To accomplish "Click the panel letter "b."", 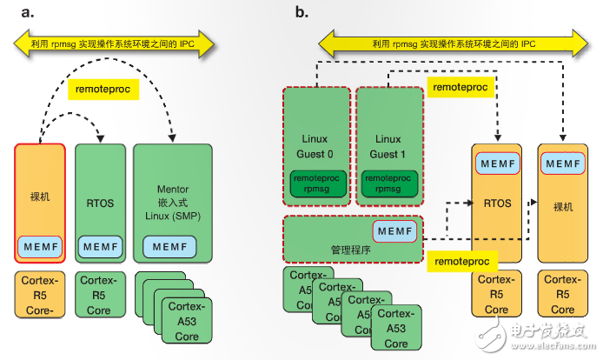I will [301, 12].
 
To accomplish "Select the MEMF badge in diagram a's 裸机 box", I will [39, 246].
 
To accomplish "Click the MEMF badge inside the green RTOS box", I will [100, 247].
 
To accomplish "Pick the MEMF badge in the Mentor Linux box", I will [174, 247].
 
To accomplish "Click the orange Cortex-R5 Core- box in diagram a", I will [39, 294].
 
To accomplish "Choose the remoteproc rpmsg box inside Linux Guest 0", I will [316, 181].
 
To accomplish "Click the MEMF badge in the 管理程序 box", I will [394, 230].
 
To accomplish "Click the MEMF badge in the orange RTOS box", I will [496, 163].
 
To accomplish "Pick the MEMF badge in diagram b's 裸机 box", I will [561, 163].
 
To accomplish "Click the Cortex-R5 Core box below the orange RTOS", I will [496, 294].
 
